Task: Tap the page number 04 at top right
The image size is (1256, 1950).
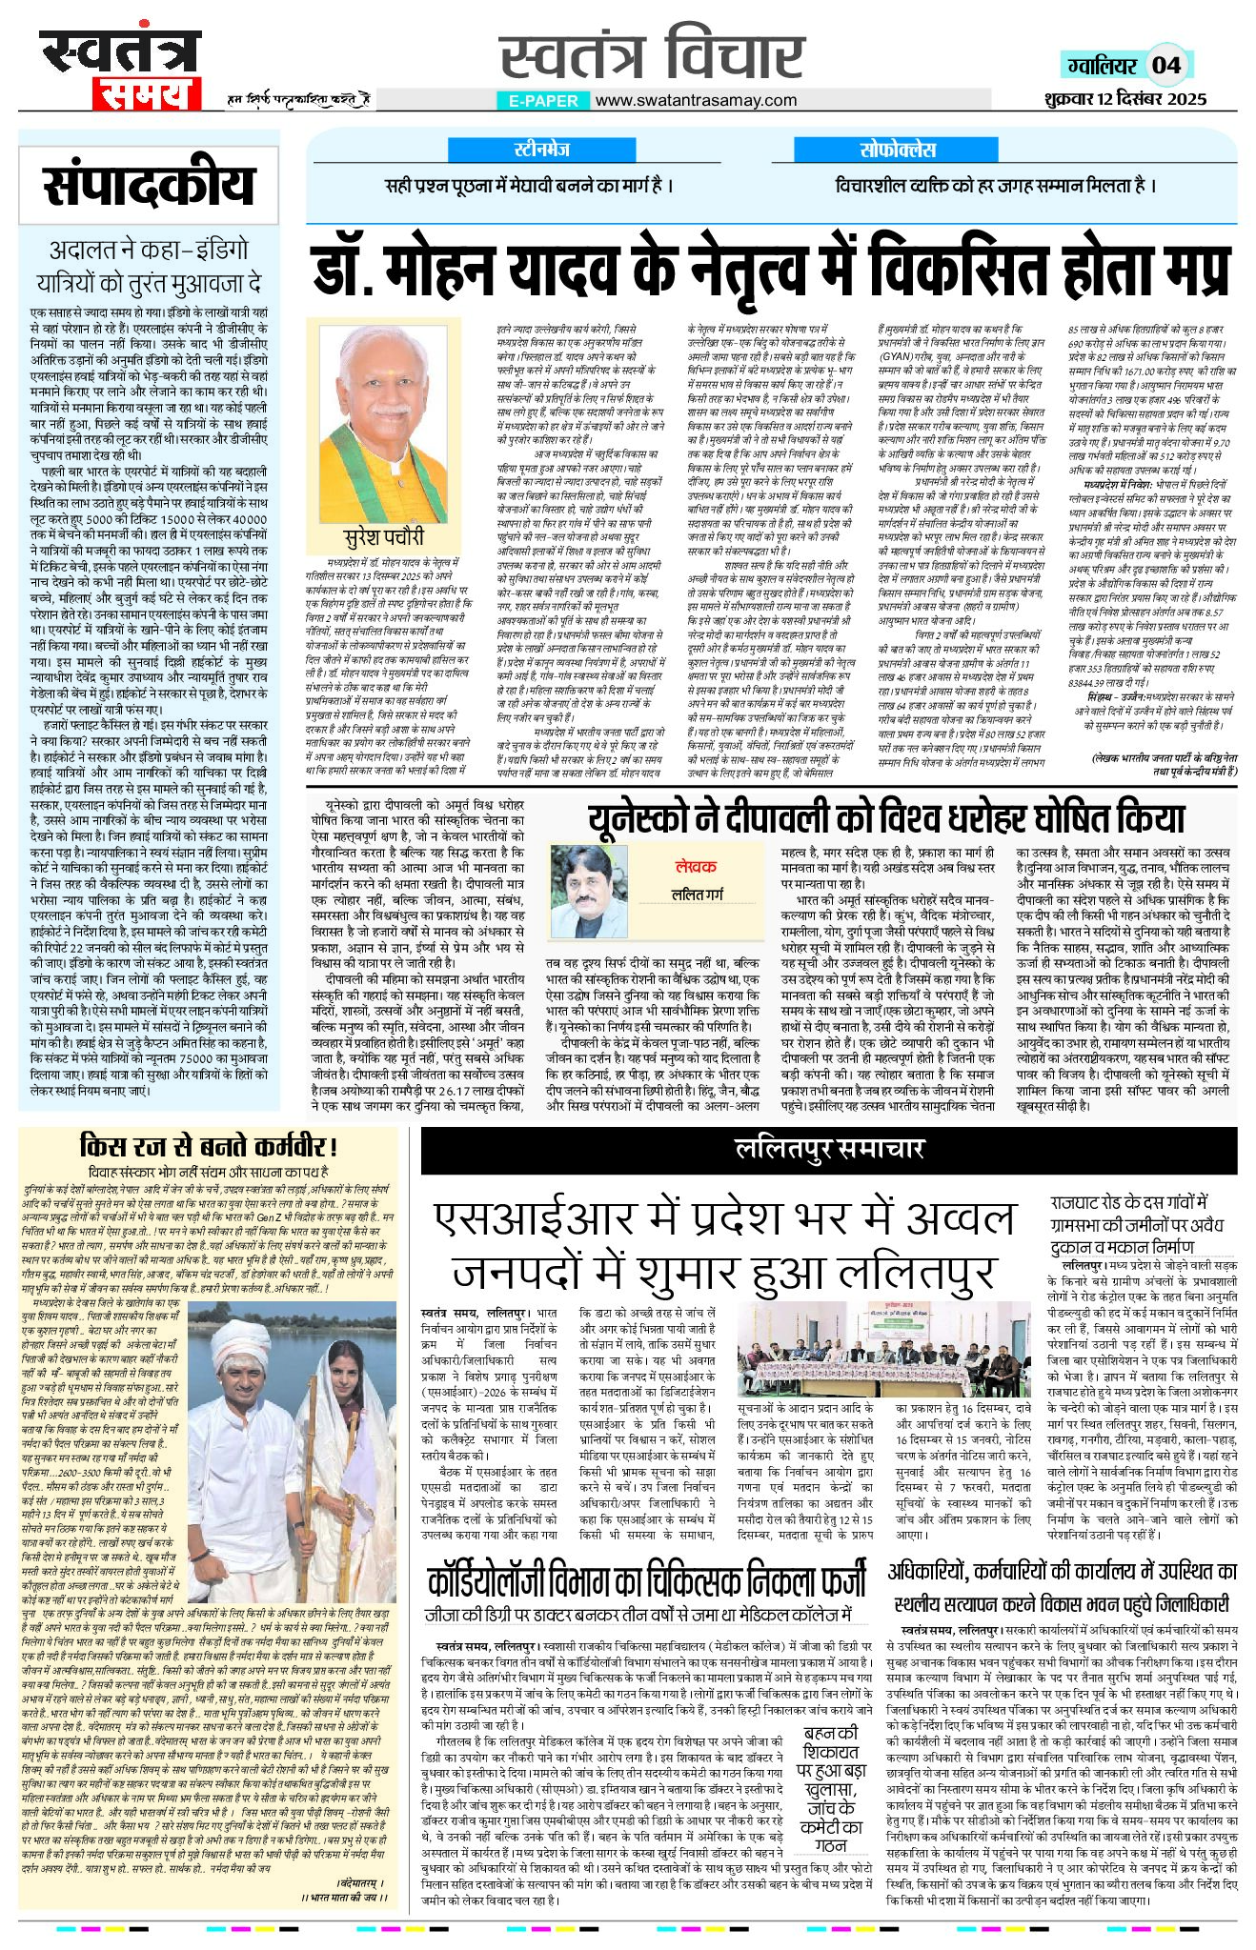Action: coord(1166,65)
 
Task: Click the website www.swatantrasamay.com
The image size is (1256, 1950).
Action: coord(696,100)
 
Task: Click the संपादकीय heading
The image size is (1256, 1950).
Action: coord(149,185)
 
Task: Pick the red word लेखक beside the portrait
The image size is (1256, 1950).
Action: coord(696,866)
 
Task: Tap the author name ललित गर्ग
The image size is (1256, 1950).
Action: coord(697,895)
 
